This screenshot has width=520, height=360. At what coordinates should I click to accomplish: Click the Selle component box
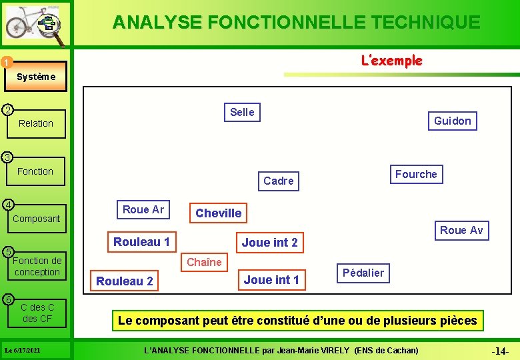(x=242, y=112)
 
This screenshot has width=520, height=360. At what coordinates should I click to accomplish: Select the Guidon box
(x=452, y=121)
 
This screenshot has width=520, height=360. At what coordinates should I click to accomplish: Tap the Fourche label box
(x=416, y=174)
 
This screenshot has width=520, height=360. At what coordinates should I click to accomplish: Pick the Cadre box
(x=278, y=181)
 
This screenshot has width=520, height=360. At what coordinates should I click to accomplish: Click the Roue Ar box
(x=143, y=209)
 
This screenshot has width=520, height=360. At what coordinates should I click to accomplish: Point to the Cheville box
(x=218, y=213)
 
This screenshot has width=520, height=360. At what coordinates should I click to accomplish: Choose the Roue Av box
(x=461, y=230)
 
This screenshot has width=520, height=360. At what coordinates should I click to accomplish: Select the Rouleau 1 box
(x=141, y=241)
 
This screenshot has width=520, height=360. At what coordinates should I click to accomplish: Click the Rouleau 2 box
(x=125, y=281)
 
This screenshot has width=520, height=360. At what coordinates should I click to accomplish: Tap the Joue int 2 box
(x=269, y=242)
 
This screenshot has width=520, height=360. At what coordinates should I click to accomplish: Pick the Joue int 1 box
(x=271, y=279)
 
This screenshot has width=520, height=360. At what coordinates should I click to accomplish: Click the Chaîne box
(x=204, y=262)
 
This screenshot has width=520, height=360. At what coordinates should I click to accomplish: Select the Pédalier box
(x=363, y=272)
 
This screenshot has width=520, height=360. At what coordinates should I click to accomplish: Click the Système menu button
(x=36, y=77)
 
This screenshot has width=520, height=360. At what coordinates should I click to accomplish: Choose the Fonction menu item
(x=35, y=171)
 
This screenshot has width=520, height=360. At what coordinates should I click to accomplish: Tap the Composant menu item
(x=36, y=219)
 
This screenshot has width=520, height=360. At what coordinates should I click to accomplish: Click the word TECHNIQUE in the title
(x=423, y=22)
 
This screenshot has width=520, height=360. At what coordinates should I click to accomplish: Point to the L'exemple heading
(x=391, y=61)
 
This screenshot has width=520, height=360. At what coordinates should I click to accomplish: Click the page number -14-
(x=500, y=351)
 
